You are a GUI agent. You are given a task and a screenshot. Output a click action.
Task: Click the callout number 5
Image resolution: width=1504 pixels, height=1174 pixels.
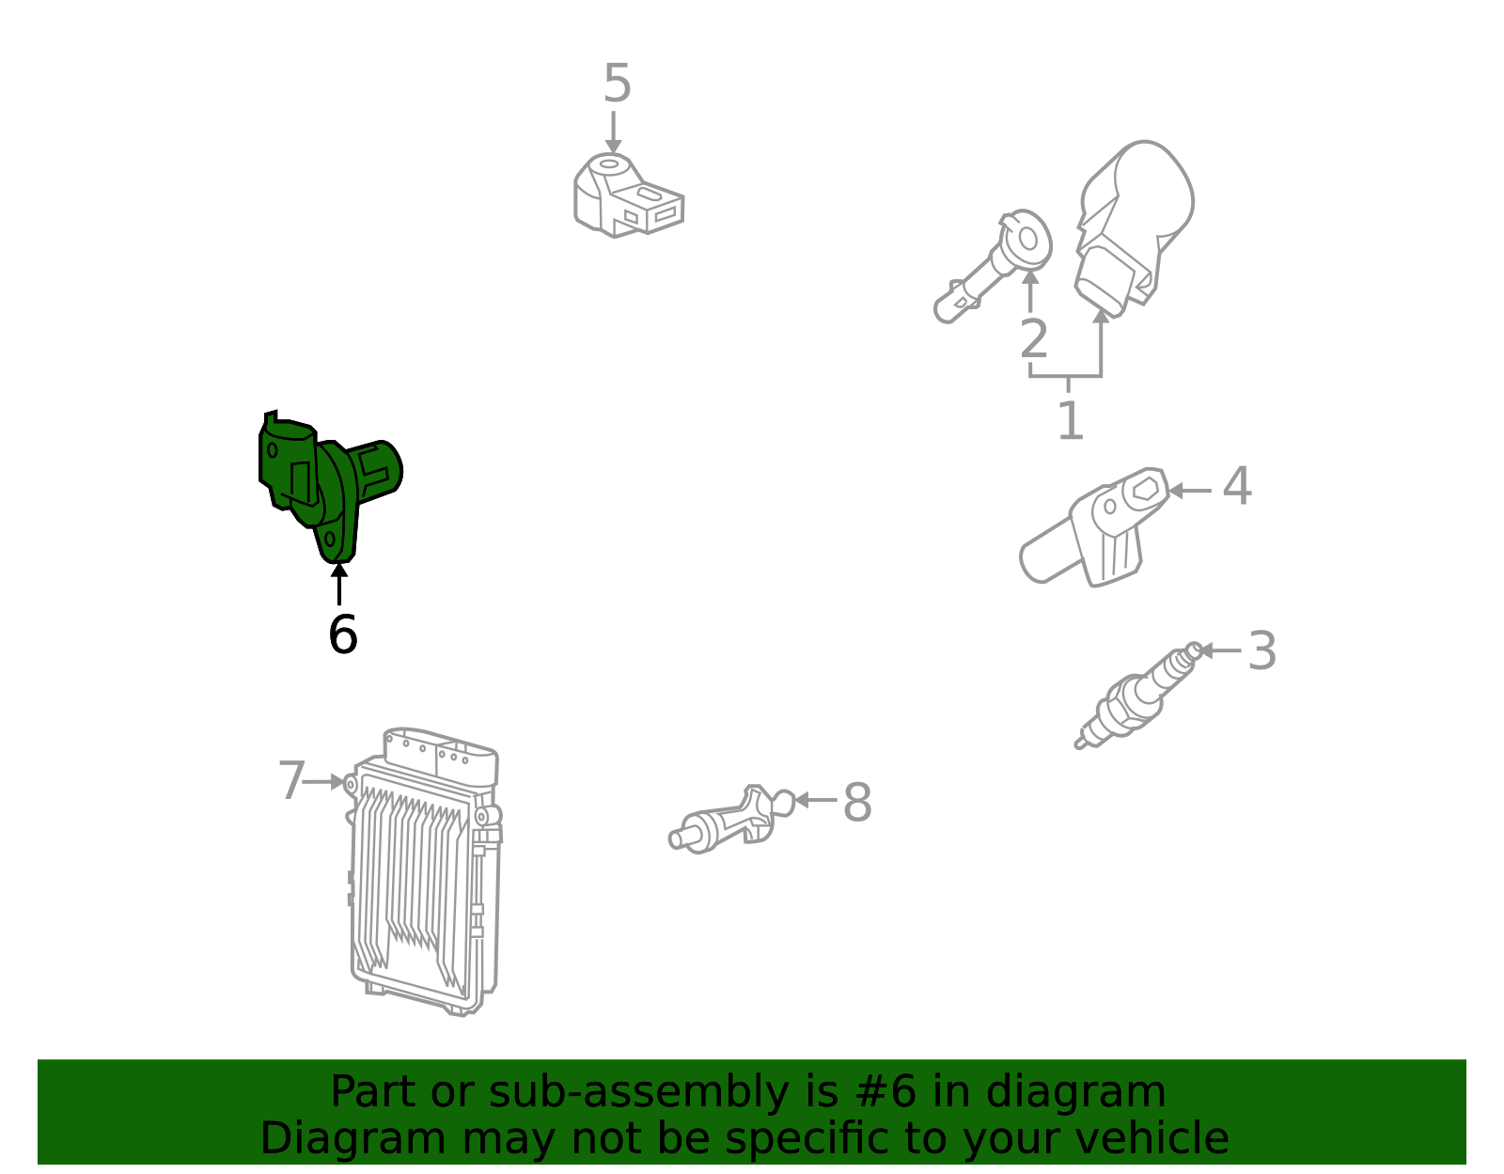pos(617,84)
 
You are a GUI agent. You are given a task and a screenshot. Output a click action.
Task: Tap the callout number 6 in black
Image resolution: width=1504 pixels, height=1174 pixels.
pos(342,634)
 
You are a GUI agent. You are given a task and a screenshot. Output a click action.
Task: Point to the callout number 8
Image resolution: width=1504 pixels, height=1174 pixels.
pos(857,802)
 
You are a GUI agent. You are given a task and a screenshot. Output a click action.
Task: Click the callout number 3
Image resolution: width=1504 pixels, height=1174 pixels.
pos(1261,650)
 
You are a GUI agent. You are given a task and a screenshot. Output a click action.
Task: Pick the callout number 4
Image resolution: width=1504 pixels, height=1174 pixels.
pos(1237,486)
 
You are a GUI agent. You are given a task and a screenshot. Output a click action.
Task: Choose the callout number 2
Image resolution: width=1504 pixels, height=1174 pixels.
pos(1034,339)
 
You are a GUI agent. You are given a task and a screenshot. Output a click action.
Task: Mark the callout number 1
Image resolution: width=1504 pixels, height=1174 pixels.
pos(1071,420)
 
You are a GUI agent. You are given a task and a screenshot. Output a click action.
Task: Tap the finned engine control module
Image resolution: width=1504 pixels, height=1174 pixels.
pos(424,871)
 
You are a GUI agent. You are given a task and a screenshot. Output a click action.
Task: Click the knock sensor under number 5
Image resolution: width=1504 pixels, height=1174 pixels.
pos(628,196)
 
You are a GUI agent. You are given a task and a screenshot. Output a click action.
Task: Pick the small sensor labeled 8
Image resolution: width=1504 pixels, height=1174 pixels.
pos(731,819)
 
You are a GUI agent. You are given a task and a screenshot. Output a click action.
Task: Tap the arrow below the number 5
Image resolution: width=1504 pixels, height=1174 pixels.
pos(613,133)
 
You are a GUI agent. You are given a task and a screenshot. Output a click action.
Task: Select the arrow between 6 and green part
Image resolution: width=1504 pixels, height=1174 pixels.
pos(339,584)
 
